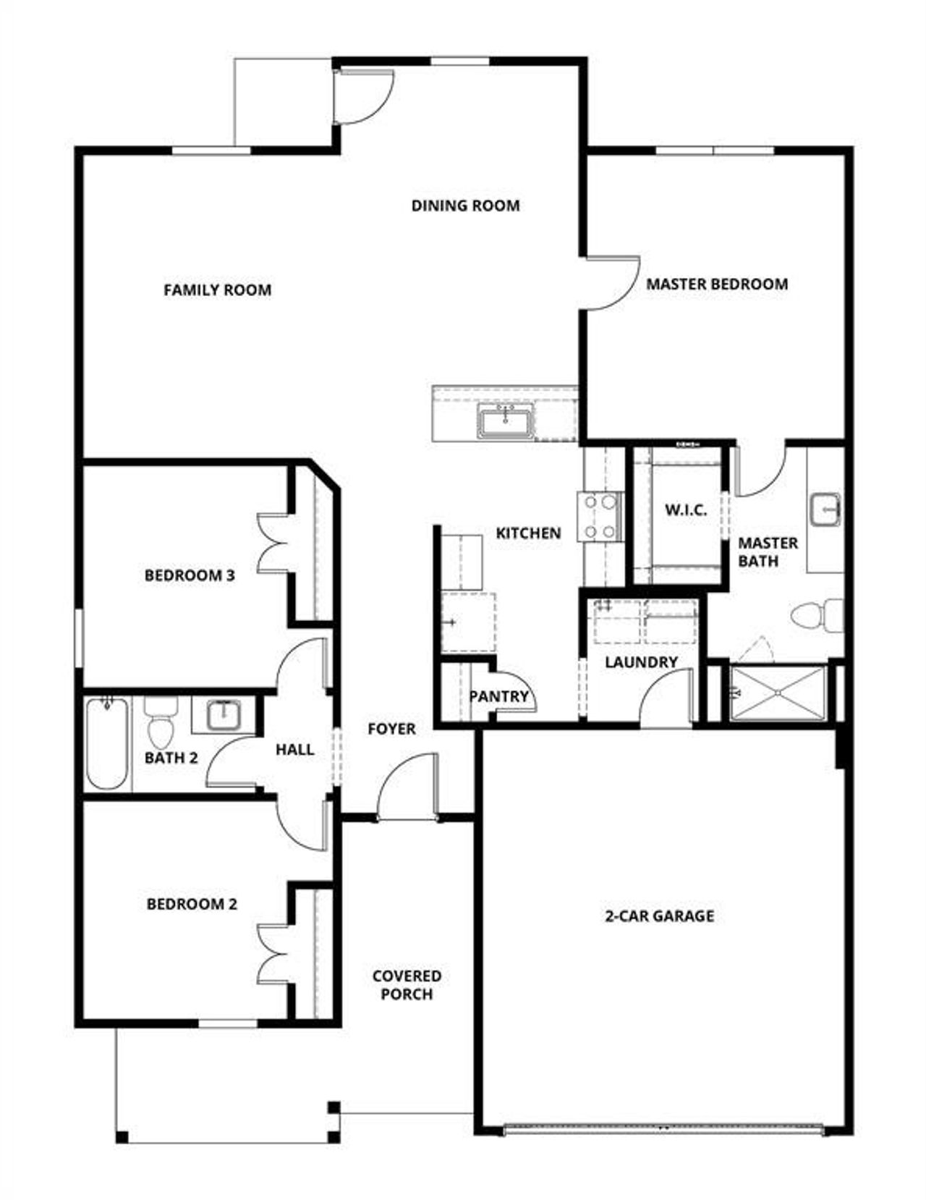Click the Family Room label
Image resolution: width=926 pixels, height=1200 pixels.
point(217,290)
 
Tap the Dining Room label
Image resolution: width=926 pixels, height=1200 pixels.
point(465,206)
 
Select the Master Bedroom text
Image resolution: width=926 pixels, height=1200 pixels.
point(716,284)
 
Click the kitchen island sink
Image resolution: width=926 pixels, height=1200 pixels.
point(506,421)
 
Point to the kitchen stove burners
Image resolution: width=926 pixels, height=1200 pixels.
point(599,517)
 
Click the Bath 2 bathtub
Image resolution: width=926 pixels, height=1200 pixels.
point(107,743)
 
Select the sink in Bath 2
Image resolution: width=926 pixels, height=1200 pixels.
point(223,716)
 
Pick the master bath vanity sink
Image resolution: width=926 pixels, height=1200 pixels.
point(825,509)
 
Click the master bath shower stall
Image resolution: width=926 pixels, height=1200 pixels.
point(777,693)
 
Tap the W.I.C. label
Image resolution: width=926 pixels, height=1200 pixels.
point(686,510)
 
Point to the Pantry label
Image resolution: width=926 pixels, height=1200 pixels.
point(499,696)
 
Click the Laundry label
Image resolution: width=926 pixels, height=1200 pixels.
point(641,662)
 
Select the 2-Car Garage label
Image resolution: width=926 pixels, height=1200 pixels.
point(659,916)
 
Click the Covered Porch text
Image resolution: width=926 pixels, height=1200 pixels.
point(407,985)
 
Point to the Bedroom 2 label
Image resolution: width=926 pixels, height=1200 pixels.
point(192,904)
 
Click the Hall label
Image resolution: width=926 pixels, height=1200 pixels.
point(294,749)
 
